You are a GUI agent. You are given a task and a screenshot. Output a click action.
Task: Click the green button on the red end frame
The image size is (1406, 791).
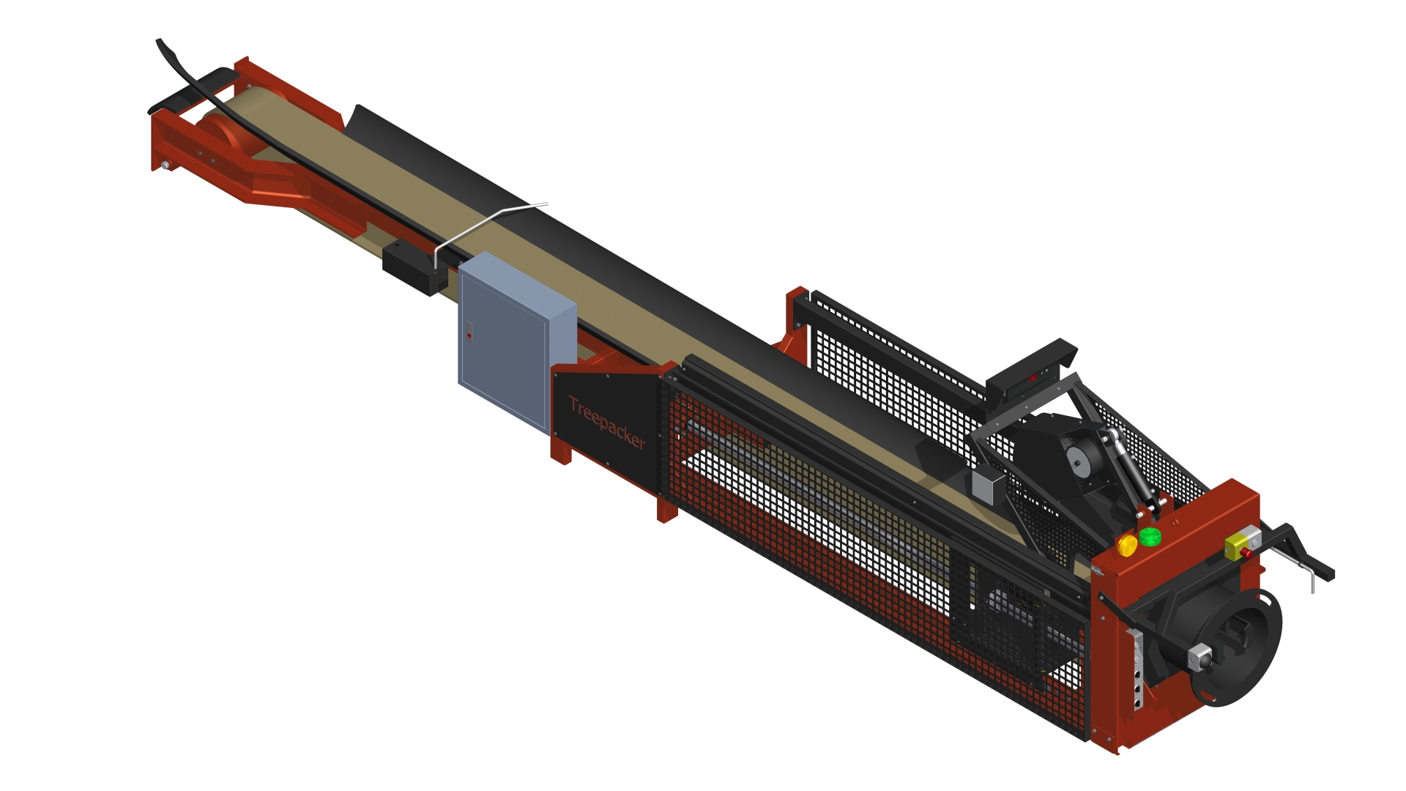click(1150, 536)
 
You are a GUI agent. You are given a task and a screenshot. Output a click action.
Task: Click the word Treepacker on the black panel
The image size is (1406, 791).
click(607, 423)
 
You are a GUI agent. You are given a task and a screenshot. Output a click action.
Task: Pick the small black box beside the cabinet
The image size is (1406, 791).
click(413, 268)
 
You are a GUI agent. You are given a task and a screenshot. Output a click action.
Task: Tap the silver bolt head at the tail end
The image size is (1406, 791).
click(165, 166)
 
